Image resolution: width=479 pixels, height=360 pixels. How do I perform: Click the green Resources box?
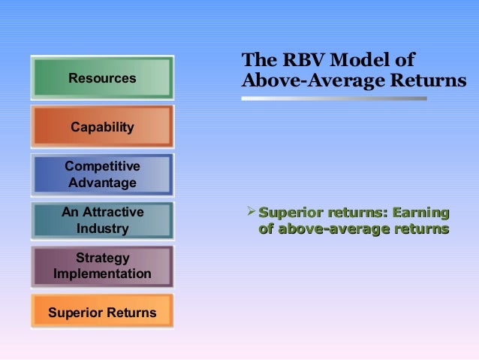102,78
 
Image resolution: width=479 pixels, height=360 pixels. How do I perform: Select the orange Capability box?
102,127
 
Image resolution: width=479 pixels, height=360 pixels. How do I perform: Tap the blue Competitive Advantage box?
102,174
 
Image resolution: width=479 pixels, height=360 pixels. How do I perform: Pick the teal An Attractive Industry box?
102,220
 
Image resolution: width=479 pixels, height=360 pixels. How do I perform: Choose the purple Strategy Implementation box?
102,266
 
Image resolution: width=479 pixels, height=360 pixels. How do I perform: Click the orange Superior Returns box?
102,312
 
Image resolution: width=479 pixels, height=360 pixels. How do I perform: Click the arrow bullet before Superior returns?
251,213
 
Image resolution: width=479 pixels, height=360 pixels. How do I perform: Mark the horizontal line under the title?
334,98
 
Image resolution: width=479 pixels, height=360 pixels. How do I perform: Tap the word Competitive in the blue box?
102,166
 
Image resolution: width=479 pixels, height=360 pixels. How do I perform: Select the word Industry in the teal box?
102,228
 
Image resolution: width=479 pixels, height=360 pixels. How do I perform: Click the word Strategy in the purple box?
102,259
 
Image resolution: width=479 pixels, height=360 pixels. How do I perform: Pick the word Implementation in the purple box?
102,274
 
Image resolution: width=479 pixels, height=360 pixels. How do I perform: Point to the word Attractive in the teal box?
113,212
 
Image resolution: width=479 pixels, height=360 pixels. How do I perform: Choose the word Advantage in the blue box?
102,183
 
